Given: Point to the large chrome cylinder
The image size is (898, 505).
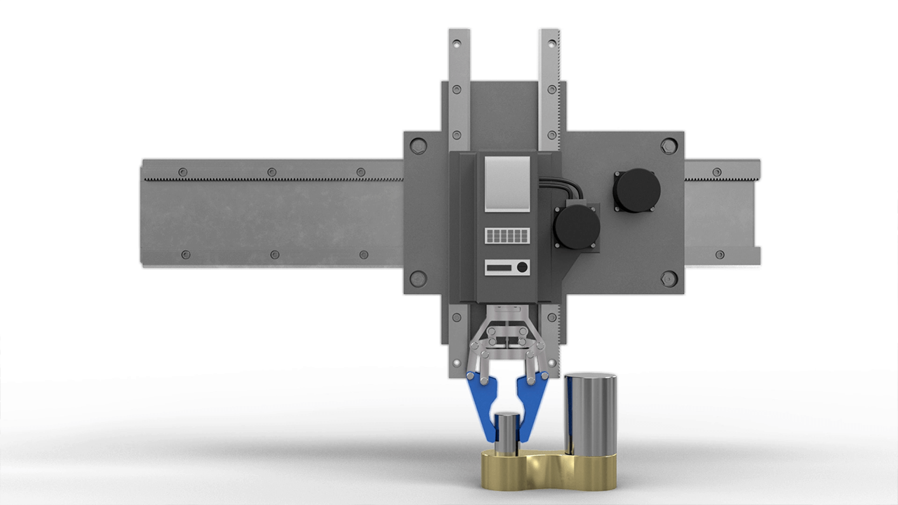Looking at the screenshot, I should pos(590,414).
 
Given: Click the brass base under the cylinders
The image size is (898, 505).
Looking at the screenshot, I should pos(548,471).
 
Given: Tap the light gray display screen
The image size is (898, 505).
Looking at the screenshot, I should pos(507,183).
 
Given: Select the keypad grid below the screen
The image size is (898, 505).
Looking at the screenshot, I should pos(507,236).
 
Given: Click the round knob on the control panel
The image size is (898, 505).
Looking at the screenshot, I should pos(522,267).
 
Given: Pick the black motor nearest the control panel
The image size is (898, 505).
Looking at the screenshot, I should pos(576,227).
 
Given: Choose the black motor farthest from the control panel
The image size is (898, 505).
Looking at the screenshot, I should pos(637,190).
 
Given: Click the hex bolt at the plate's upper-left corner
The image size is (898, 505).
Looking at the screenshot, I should pos(418,147).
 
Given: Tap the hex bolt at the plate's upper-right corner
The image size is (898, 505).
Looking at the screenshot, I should pos(668,147).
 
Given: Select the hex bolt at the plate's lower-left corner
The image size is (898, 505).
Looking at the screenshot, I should pos(418,278).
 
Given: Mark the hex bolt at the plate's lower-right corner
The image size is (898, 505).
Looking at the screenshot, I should pos(668,278).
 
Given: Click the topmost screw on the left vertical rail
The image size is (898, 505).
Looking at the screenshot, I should pos(457,43).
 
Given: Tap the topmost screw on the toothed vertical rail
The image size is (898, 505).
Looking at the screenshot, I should pos(550,43).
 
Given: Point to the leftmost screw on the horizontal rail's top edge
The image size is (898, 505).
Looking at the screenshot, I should pos(183,172).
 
